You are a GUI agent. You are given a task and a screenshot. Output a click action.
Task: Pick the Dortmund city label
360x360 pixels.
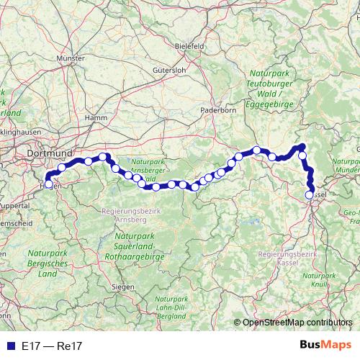click(x=49, y=153)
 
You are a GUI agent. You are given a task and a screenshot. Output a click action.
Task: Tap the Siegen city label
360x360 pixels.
click(x=124, y=287)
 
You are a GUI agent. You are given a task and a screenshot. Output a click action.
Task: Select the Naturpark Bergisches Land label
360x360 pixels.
click(x=48, y=264)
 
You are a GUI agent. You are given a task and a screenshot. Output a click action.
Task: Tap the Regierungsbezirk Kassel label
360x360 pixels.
click(x=287, y=258)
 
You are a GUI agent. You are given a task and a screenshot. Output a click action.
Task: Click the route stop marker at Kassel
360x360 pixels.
click(x=310, y=194)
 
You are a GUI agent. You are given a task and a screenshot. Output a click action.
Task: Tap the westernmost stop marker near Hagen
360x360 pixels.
click(x=48, y=184)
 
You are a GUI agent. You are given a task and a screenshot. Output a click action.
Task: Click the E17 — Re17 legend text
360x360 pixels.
click(x=51, y=346)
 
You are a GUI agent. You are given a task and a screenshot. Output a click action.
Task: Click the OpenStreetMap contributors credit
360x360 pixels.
click(x=297, y=323)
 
